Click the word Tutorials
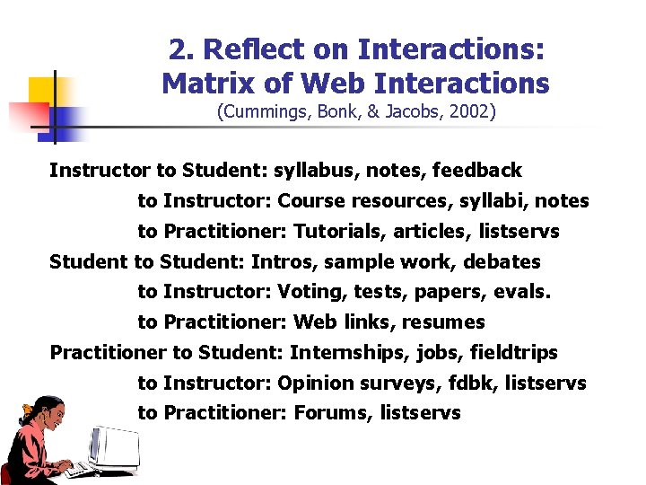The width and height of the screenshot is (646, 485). coord(340,232)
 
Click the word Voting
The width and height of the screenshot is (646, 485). coord(307,292)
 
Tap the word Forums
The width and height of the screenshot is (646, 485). coord(332,413)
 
